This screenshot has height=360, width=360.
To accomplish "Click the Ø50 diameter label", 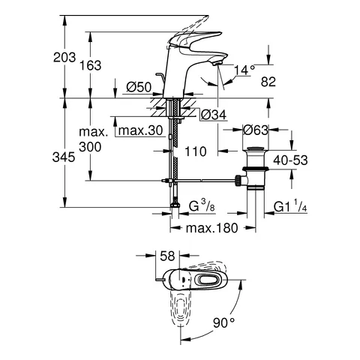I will [140, 88].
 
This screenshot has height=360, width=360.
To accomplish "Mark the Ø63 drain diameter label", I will [257, 130].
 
